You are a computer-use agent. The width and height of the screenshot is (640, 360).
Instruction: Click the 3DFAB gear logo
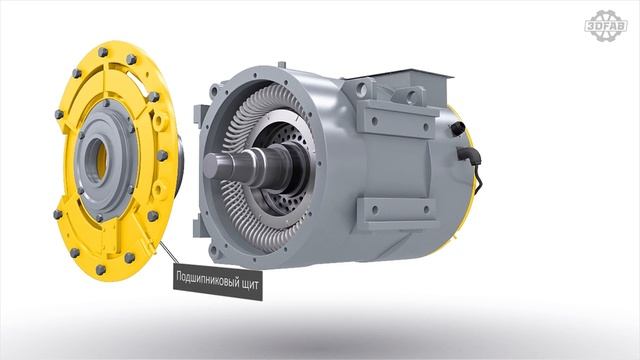[x=606, y=25]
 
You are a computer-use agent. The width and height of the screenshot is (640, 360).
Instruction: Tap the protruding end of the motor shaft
[x=218, y=166]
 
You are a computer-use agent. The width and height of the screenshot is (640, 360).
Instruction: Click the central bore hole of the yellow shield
[x=98, y=159]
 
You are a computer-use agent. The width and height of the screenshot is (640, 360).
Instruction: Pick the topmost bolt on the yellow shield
[x=102, y=52]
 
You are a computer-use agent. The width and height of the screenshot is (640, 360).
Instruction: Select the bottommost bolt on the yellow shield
[x=100, y=269]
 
